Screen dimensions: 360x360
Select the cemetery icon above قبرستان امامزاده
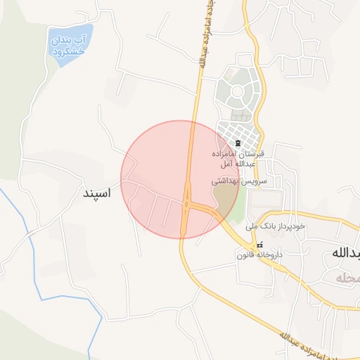point(236,143)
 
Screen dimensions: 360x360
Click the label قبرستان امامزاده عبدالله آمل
point(238,158)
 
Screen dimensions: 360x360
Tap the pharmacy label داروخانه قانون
point(259,254)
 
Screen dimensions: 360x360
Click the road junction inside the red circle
point(187,205)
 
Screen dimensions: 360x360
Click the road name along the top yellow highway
point(205,35)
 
